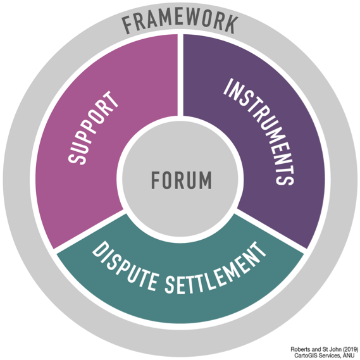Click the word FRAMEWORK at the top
coord(180,23)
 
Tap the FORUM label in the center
coord(182,180)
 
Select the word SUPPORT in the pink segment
coord(93,128)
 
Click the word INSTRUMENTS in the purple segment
coord(259,132)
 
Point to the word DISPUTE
coord(126,266)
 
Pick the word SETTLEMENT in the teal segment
coord(215,271)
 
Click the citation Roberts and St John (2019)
coord(324,349)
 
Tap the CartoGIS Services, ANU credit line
coord(325,356)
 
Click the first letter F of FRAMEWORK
coord(127,26)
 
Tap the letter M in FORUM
coord(206,180)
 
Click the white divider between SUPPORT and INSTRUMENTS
coord(180,75)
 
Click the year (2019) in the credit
coord(351,349)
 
